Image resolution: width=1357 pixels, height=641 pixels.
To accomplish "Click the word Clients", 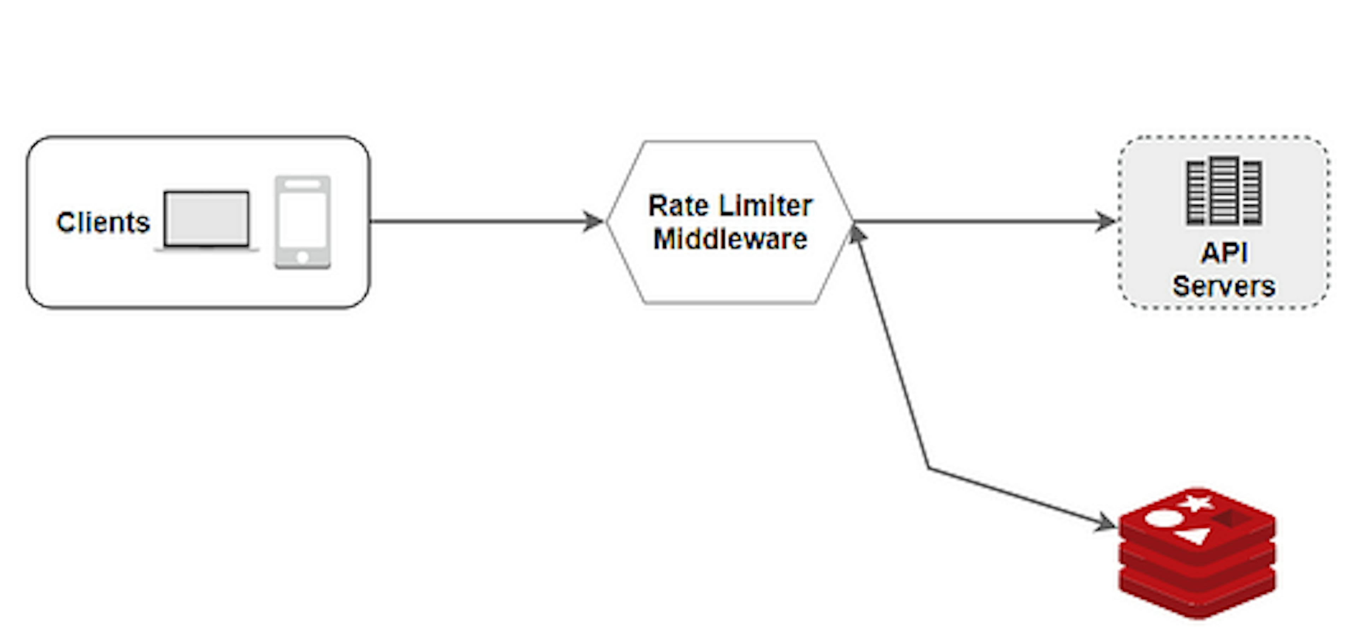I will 103,223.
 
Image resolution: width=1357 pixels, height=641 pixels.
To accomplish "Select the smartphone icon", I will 302,222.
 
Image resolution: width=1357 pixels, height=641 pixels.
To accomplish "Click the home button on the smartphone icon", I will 302,257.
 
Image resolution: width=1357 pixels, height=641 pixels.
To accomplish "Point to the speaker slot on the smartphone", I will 302,185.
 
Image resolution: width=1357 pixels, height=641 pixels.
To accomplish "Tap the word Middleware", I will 730,239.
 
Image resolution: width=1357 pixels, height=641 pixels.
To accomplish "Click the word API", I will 1224,253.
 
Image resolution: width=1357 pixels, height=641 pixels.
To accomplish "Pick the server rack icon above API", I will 1224,191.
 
